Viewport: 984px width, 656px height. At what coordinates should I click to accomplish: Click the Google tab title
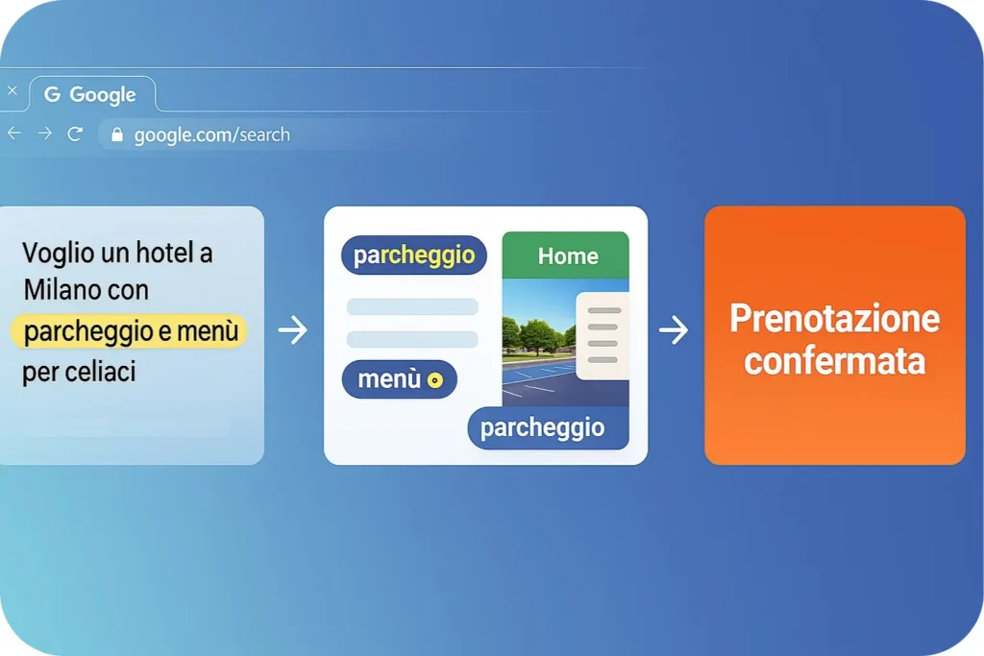(102, 95)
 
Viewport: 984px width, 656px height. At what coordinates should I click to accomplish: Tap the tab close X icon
(12, 90)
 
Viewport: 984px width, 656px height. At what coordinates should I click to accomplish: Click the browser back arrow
(13, 133)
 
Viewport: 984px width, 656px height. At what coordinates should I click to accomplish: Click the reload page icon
(75, 134)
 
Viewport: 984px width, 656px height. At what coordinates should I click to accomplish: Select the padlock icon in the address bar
(116, 134)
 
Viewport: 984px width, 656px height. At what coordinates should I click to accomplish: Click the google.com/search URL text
(212, 134)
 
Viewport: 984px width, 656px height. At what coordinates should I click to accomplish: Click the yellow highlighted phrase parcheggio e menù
(130, 331)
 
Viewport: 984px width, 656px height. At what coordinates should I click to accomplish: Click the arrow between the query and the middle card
(293, 329)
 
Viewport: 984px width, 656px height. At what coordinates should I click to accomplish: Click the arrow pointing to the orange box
(674, 329)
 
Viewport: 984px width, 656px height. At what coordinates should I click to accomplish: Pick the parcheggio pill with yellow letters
(414, 255)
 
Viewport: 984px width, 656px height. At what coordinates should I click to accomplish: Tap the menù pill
(399, 379)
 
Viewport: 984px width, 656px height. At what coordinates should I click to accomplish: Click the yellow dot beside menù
(435, 380)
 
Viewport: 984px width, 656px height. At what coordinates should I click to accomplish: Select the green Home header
(565, 255)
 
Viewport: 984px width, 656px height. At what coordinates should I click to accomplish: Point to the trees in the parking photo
(536, 335)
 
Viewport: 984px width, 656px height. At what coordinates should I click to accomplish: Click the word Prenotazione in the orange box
(835, 319)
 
